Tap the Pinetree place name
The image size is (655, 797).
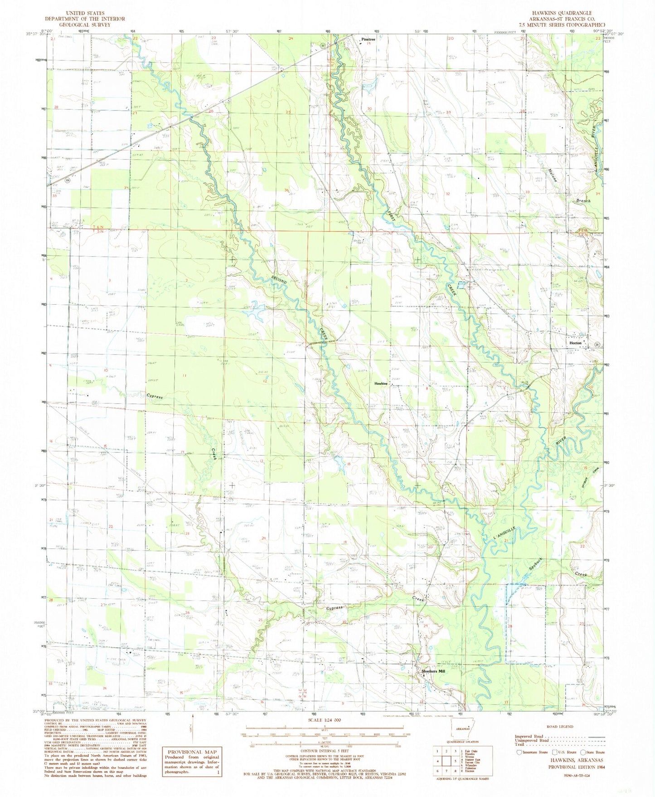[x=368, y=40]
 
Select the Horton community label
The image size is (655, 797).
[x=575, y=343]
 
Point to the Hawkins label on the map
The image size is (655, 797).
[x=381, y=383]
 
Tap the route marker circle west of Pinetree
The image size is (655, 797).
[x=322, y=45]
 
